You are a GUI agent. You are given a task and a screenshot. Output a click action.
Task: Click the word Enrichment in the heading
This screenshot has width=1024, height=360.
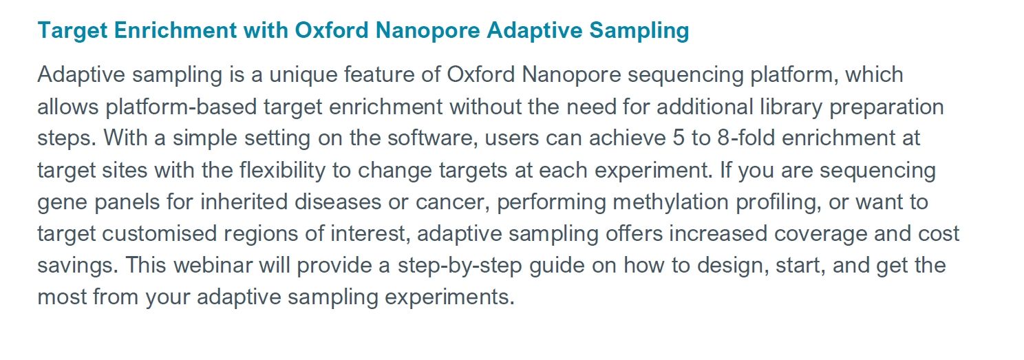click(x=175, y=30)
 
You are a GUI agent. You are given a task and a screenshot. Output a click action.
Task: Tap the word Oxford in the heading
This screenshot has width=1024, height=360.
click(x=332, y=30)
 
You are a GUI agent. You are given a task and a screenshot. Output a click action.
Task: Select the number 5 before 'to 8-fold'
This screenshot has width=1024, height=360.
click(x=679, y=138)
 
